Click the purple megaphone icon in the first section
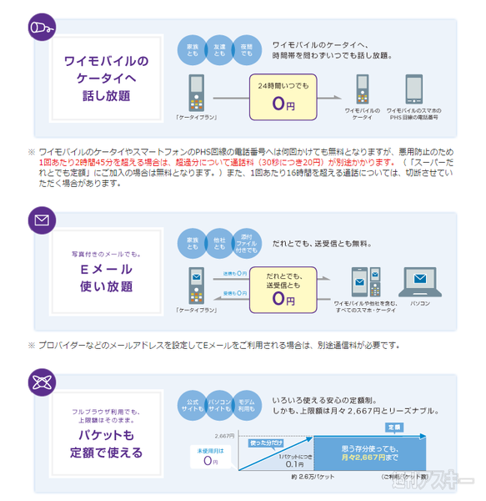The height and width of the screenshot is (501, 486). point(41,28)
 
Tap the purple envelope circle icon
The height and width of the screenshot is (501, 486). point(41,220)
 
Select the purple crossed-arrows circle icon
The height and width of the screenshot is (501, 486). point(41,383)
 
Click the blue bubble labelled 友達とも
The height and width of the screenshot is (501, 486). point(218,51)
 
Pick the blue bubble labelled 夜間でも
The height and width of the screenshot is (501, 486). point(246,51)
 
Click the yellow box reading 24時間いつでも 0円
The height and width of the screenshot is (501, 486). point(283,98)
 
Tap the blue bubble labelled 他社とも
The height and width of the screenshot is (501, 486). point(218,242)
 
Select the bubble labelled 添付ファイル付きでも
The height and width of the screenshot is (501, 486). point(245,242)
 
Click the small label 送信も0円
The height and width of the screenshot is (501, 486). point(236,273)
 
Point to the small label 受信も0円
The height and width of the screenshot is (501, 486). point(236,293)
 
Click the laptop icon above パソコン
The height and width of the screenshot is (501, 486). point(420,281)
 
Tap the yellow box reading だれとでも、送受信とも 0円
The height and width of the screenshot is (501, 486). point(283,286)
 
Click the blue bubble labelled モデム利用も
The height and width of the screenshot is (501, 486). point(246,404)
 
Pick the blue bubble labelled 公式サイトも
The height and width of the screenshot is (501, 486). point(192,404)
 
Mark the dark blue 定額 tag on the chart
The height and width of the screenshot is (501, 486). point(395,427)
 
